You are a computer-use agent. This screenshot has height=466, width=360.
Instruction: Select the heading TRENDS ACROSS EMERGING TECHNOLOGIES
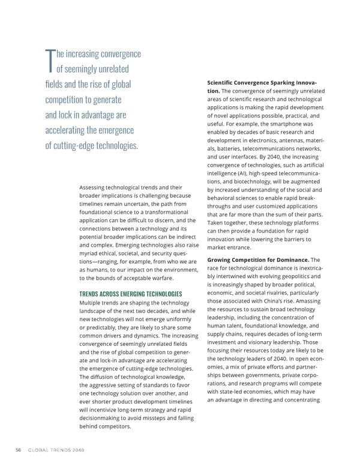[131, 294]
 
